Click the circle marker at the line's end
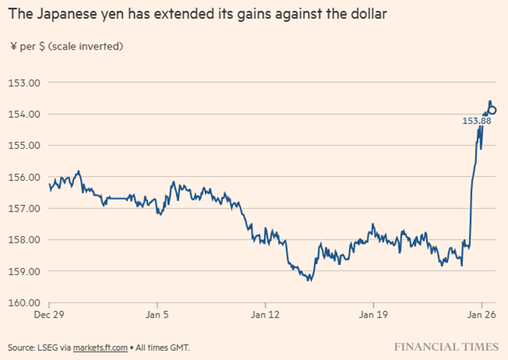[x=493, y=111]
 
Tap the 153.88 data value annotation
[x=475, y=121]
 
